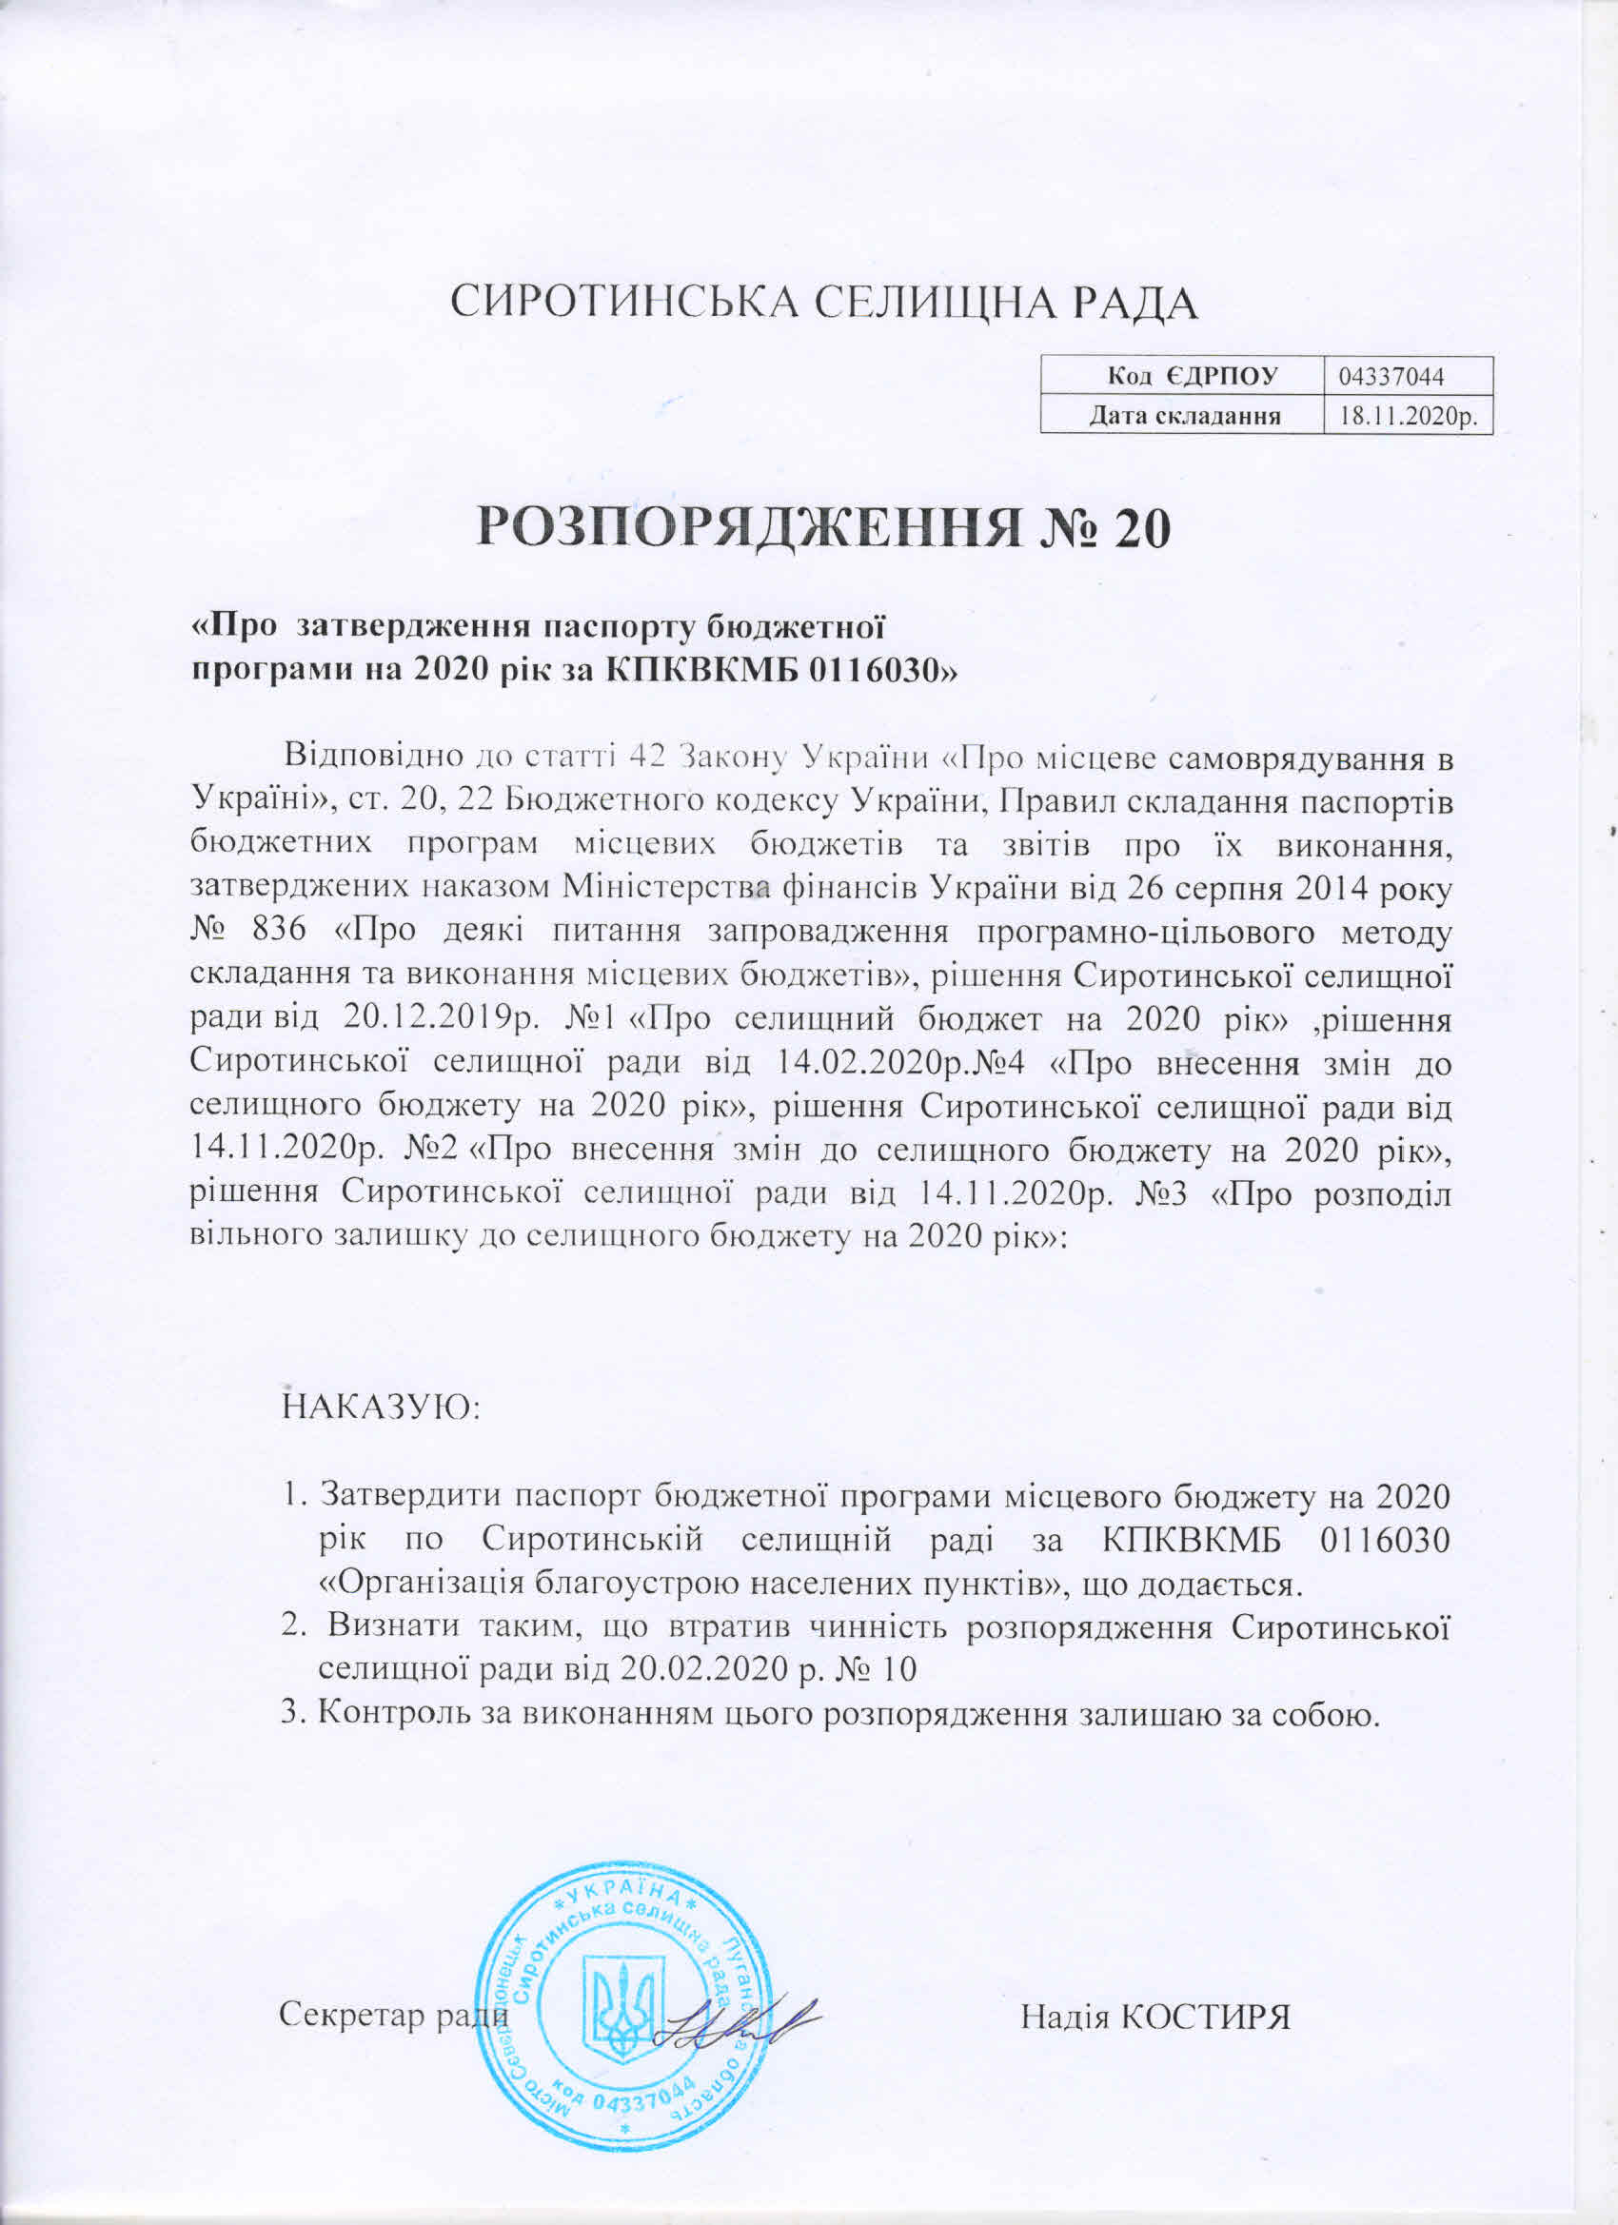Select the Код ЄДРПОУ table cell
(x=1181, y=375)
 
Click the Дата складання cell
(x=1181, y=416)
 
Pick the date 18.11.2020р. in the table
(x=1407, y=416)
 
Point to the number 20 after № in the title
(x=1141, y=531)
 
